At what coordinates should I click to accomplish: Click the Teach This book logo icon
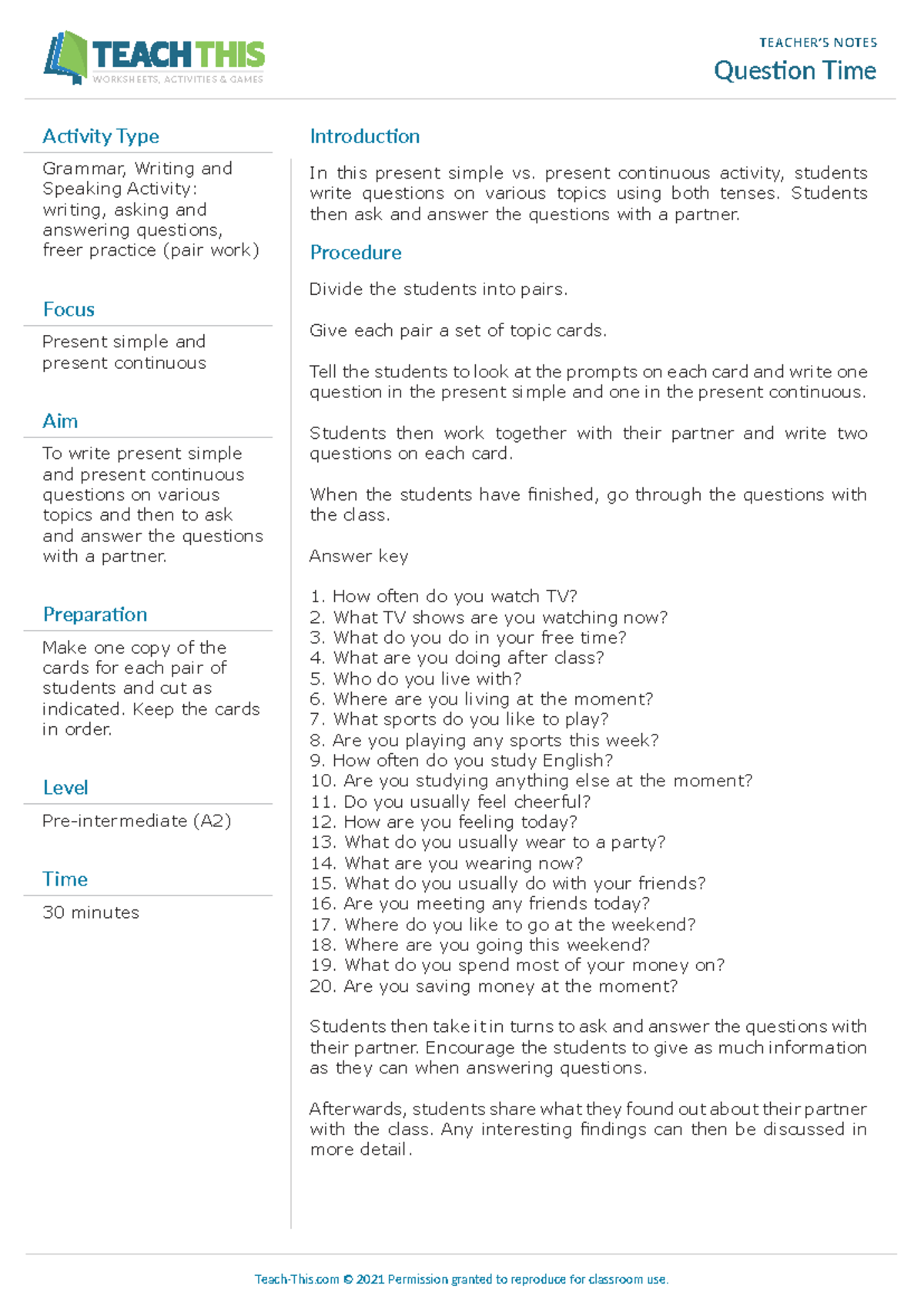(x=65, y=57)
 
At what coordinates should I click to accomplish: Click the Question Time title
(x=795, y=71)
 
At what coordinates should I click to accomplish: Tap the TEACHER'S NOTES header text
(x=818, y=42)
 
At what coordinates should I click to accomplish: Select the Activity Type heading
(x=101, y=136)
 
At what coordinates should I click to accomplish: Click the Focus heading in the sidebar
(x=69, y=310)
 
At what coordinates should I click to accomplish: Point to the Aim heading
(x=60, y=421)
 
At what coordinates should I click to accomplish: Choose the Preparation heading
(x=95, y=614)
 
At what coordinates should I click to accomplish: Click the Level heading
(x=65, y=788)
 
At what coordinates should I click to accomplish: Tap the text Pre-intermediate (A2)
(x=136, y=821)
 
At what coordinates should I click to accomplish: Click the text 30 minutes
(x=91, y=913)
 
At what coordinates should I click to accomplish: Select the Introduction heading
(x=364, y=136)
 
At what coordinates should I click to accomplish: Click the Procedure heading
(x=355, y=253)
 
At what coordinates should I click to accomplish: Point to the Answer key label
(x=359, y=556)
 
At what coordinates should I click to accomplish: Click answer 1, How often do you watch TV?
(x=444, y=597)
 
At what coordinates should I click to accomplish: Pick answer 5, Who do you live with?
(x=416, y=679)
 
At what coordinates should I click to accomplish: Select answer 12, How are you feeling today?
(x=444, y=822)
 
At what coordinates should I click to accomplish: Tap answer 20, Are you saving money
(x=494, y=986)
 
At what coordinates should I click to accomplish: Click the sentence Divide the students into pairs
(x=438, y=290)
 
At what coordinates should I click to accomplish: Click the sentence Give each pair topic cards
(x=458, y=331)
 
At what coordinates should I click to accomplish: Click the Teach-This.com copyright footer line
(x=461, y=1279)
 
